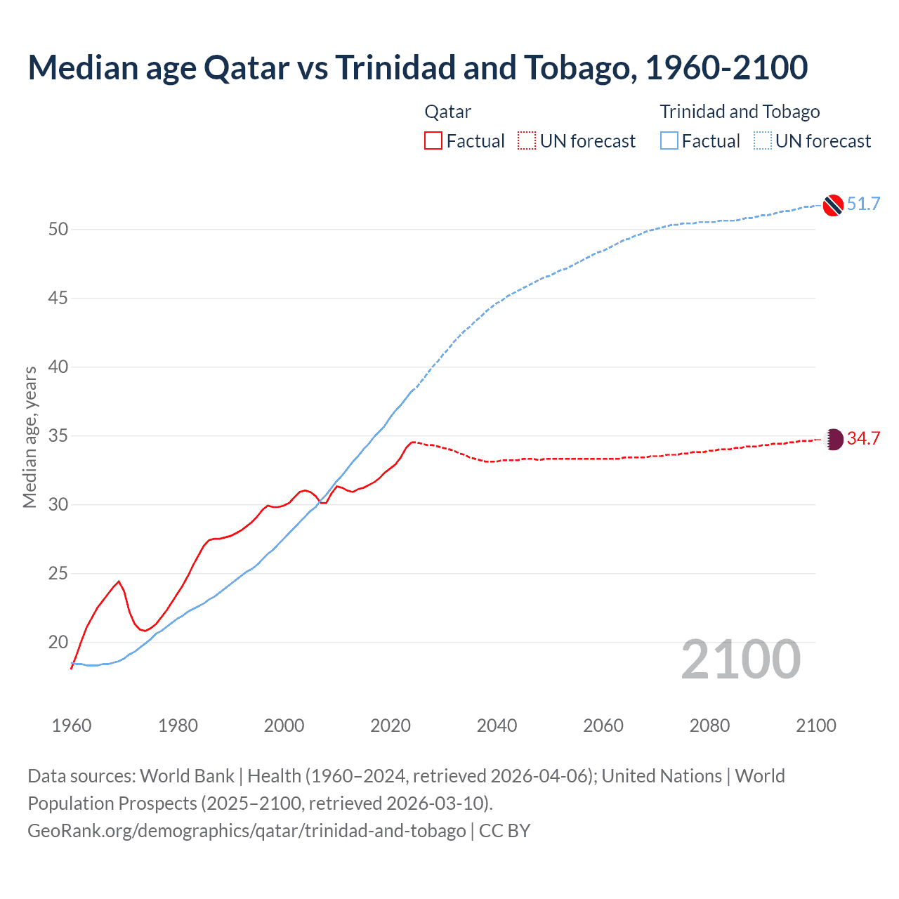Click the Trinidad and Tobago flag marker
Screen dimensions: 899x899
click(832, 204)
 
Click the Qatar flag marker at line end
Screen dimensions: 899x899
click(832, 440)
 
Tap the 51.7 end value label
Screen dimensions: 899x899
click(863, 204)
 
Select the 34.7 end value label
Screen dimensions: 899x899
click(863, 439)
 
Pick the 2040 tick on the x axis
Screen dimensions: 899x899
click(497, 726)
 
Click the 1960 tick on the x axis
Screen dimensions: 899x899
click(72, 726)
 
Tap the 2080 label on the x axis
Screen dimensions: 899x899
click(709, 726)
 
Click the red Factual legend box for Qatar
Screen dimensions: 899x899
click(433, 141)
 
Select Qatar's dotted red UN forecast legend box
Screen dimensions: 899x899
click(527, 141)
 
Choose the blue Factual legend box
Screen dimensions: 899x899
click(669, 141)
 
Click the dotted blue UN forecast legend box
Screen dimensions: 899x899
click(763, 141)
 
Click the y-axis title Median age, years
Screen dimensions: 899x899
click(30, 437)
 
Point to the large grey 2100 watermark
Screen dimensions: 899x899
click(740, 660)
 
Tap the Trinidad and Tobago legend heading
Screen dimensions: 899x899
click(740, 112)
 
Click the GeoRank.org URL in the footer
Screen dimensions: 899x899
click(247, 831)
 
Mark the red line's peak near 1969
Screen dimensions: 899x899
click(119, 582)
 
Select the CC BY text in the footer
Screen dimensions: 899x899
click(504, 831)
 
